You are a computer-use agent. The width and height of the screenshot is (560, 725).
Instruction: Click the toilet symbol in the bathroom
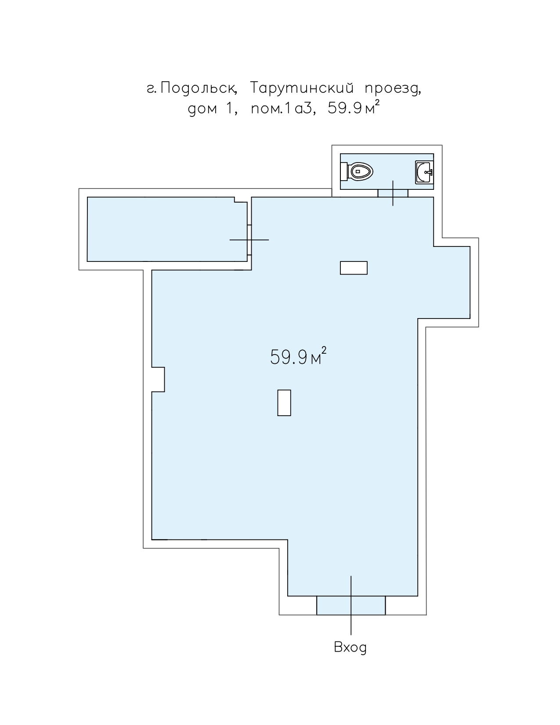click(356, 171)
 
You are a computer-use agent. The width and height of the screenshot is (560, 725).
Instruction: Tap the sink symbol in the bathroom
click(424, 172)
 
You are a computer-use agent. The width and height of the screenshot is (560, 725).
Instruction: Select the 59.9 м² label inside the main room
click(298, 356)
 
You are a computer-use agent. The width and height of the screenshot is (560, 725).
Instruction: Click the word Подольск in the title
click(199, 88)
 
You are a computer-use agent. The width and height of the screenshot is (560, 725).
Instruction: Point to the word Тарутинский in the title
click(301, 88)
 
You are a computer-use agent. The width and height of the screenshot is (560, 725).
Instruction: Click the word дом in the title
click(203, 109)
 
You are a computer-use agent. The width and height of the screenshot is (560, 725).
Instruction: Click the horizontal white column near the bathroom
click(354, 268)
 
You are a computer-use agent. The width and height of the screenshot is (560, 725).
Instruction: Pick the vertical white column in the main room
click(284, 402)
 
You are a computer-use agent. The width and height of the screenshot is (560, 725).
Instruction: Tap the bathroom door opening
click(393, 193)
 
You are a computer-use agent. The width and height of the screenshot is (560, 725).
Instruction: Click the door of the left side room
click(249, 240)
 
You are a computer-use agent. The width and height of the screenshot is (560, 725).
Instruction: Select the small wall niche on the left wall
click(158, 379)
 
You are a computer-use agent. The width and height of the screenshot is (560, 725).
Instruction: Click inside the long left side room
click(167, 229)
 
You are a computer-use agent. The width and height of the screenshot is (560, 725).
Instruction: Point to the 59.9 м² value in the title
click(354, 108)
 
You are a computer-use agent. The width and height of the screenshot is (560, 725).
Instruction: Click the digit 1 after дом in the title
click(229, 109)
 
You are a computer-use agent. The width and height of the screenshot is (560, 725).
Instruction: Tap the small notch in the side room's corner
click(241, 199)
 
